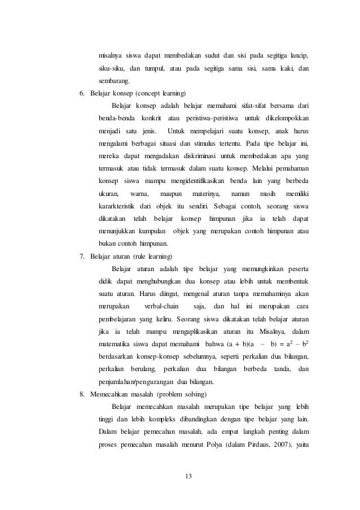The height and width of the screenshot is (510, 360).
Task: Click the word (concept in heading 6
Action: [148, 93]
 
